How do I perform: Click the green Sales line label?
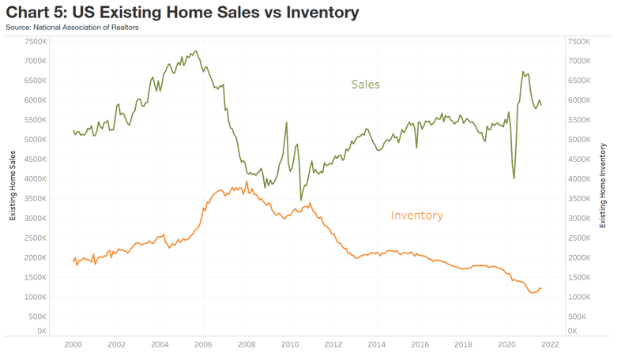point(365,84)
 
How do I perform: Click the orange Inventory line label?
point(416,215)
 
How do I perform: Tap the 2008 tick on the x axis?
point(247,344)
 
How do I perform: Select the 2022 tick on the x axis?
point(550,344)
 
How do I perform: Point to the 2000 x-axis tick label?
point(73,344)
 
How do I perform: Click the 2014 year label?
point(377,344)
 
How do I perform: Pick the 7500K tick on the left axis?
point(36,41)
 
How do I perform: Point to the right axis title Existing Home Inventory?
point(603,186)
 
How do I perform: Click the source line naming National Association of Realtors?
point(72,28)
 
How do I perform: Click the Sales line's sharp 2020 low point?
point(514,178)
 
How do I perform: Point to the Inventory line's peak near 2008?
point(247,182)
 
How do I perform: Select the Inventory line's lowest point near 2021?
point(533,293)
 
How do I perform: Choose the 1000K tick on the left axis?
point(36,297)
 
